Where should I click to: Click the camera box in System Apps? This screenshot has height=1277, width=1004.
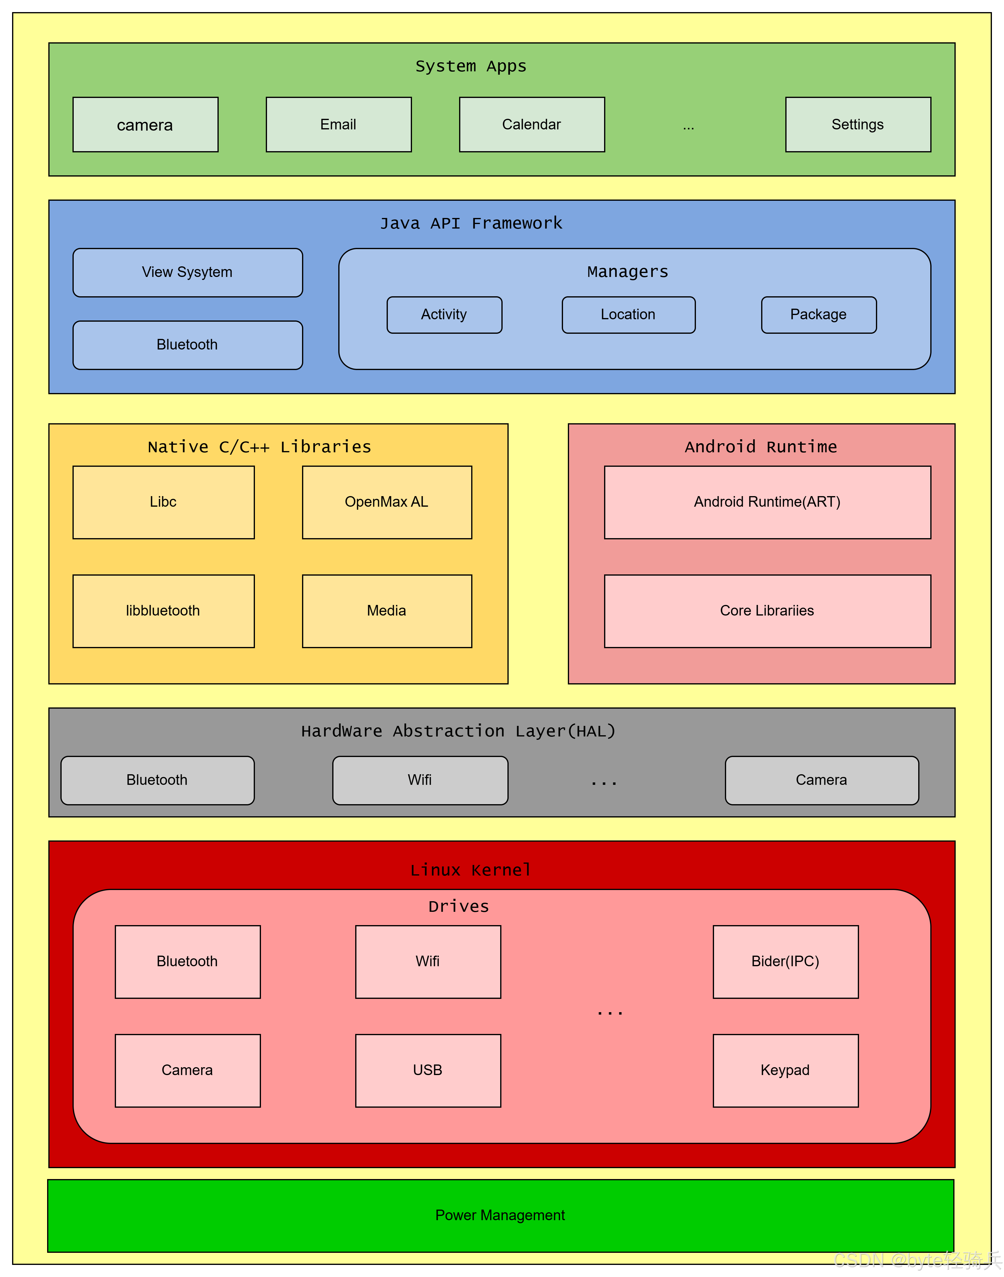tap(145, 125)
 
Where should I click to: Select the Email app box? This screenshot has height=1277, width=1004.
tap(339, 125)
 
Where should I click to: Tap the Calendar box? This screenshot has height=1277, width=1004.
tap(532, 125)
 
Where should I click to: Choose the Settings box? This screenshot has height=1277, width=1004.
tap(858, 125)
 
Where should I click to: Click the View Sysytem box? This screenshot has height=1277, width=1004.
tap(188, 272)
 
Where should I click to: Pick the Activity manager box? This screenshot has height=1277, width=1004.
tap(444, 315)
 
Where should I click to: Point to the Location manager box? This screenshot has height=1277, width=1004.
tap(628, 315)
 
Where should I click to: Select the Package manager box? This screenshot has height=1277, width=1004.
tap(819, 315)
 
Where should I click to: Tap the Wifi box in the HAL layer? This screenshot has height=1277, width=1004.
tap(420, 780)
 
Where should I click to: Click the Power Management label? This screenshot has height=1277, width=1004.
tap(500, 1215)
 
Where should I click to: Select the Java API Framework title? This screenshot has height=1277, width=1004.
tap(471, 223)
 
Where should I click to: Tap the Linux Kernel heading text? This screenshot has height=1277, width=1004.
tap(471, 870)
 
